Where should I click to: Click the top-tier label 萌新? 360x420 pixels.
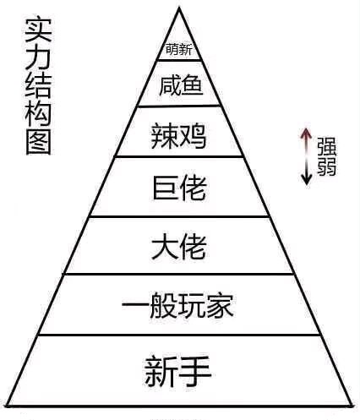tap(179, 50)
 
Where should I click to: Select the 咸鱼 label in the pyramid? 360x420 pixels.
tap(181, 85)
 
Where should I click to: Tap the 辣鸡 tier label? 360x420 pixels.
tap(179, 136)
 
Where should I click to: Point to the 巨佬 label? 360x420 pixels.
tap(179, 188)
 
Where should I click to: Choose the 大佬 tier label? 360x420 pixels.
tap(179, 247)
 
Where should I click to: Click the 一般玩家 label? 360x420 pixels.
tap(177, 306)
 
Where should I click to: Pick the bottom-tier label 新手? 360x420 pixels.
tap(178, 371)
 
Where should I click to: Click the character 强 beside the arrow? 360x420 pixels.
tap(327, 146)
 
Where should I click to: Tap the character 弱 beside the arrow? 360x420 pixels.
tap(327, 166)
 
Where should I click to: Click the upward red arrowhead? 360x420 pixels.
tap(306, 133)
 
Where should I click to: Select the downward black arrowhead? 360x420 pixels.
tap(306, 180)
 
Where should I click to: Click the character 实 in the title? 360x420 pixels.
tap(38, 30)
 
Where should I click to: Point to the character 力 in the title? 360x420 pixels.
tap(38, 58)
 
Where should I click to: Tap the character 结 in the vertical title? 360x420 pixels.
tap(38, 86)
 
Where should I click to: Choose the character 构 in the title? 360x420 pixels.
tap(38, 114)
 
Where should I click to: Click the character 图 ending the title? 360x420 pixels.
tap(38, 142)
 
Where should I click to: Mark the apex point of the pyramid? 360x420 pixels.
tap(179, 8)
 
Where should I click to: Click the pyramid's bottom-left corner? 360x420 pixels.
tap(7, 406)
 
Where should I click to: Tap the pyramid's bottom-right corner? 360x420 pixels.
tap(352, 406)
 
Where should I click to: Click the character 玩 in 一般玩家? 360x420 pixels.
tap(192, 306)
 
